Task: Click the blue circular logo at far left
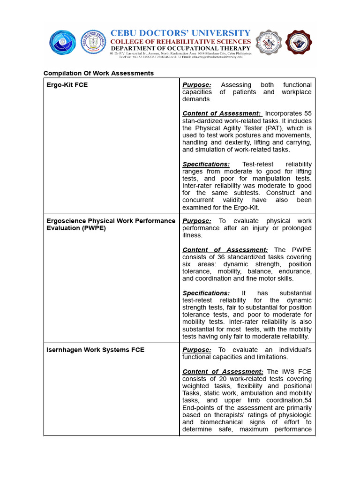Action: [63, 43]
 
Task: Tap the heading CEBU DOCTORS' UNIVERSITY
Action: [180, 33]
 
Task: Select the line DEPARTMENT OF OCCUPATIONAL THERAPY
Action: [180, 48]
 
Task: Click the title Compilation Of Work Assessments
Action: [98, 73]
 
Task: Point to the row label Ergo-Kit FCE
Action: [67, 85]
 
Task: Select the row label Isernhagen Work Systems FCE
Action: [95, 350]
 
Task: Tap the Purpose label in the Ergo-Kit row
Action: [197, 85]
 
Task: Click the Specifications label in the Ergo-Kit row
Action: [206, 164]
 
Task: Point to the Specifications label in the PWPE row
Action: [206, 293]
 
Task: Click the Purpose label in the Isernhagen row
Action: [197, 350]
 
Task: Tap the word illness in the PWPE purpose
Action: [192, 235]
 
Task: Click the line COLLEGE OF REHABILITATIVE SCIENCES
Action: [180, 41]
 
